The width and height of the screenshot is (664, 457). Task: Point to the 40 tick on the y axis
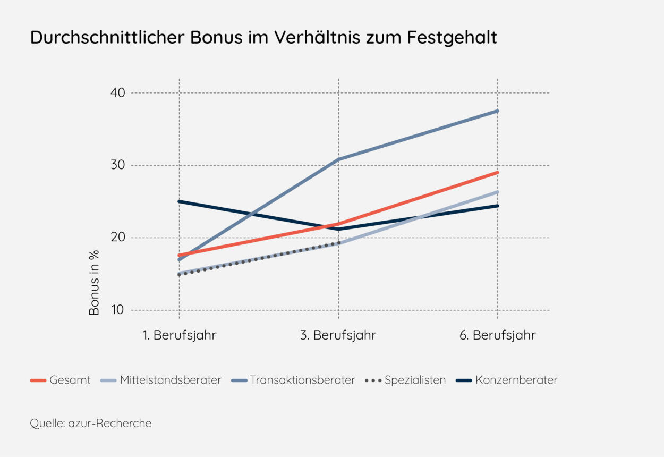pos(118,93)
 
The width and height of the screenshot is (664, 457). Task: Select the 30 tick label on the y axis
pos(118,165)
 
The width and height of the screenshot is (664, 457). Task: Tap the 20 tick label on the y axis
pos(118,238)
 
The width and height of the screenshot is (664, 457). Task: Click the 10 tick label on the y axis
pos(118,310)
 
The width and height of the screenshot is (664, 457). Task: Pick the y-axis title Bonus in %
pos(95,282)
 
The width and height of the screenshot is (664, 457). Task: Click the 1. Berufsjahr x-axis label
pos(180,335)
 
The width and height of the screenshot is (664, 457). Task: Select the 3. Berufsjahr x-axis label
pos(339,335)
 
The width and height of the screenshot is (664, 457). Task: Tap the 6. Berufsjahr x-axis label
pos(498,335)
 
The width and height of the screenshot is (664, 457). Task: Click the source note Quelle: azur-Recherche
pos(91,424)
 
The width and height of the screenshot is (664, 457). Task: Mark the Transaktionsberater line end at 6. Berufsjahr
pos(498,111)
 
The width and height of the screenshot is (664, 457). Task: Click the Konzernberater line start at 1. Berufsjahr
pos(180,201)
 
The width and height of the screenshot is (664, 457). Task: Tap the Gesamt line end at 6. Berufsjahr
pos(498,172)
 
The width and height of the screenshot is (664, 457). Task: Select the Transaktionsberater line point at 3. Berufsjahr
pos(339,159)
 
